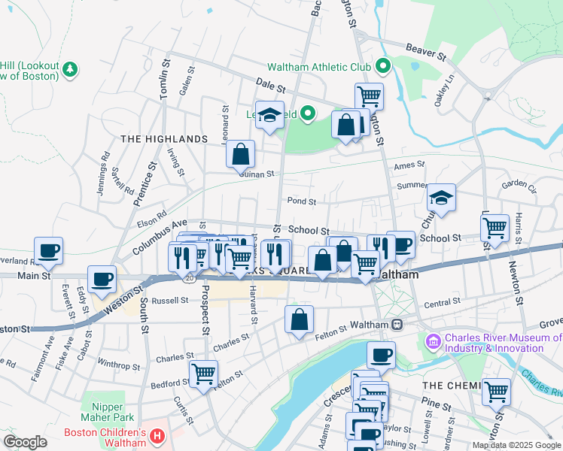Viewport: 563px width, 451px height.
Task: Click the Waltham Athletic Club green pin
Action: (382, 67)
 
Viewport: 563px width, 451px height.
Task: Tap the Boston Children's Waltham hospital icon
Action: (157, 435)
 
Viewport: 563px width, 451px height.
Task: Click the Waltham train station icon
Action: (396, 324)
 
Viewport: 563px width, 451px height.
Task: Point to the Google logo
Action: (25, 442)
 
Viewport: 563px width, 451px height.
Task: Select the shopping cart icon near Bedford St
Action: (203, 374)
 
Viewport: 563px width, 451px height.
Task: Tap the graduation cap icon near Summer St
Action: (442, 198)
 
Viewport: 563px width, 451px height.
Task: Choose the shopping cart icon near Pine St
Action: (496, 392)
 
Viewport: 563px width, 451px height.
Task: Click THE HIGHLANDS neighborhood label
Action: (163, 139)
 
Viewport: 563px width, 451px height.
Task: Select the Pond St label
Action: (301, 201)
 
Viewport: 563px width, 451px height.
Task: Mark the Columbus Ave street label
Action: (159, 235)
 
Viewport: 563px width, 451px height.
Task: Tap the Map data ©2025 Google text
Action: (516, 445)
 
